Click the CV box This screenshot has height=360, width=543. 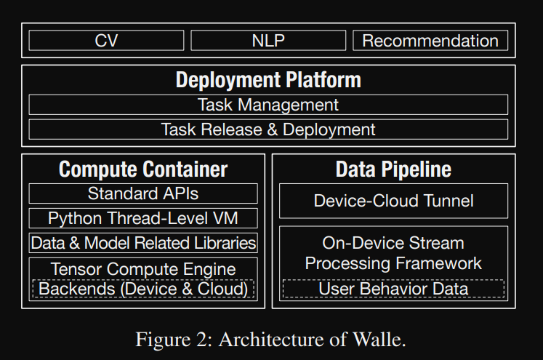(106, 41)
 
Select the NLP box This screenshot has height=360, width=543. (268, 41)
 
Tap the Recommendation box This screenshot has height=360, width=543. (430, 41)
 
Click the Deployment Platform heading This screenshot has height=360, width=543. (268, 79)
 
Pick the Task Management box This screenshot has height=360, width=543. (268, 105)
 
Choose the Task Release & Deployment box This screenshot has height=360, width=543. (268, 129)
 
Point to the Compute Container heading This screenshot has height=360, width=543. (143, 169)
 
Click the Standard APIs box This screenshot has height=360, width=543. (143, 193)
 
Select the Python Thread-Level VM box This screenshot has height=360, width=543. (143, 218)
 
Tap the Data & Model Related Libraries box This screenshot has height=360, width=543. (143, 243)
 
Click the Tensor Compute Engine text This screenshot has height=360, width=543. (143, 268)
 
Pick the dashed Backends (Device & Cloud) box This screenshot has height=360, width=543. (143, 289)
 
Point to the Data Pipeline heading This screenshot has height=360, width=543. (393, 169)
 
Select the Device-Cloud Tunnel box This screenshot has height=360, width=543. (393, 201)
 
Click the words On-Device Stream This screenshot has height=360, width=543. (393, 243)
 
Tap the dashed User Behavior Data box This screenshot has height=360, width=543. (393, 289)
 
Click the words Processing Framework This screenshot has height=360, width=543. (393, 263)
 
